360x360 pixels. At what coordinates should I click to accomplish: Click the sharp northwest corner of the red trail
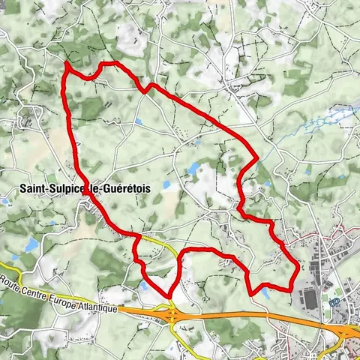[x=66, y=64]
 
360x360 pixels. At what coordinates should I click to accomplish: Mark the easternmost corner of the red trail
[x=298, y=266]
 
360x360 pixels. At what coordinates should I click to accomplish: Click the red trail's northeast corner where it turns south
[x=257, y=157]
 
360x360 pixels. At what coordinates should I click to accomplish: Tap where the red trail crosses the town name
[x=88, y=190]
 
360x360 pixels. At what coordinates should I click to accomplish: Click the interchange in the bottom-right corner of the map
[x=348, y=331]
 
